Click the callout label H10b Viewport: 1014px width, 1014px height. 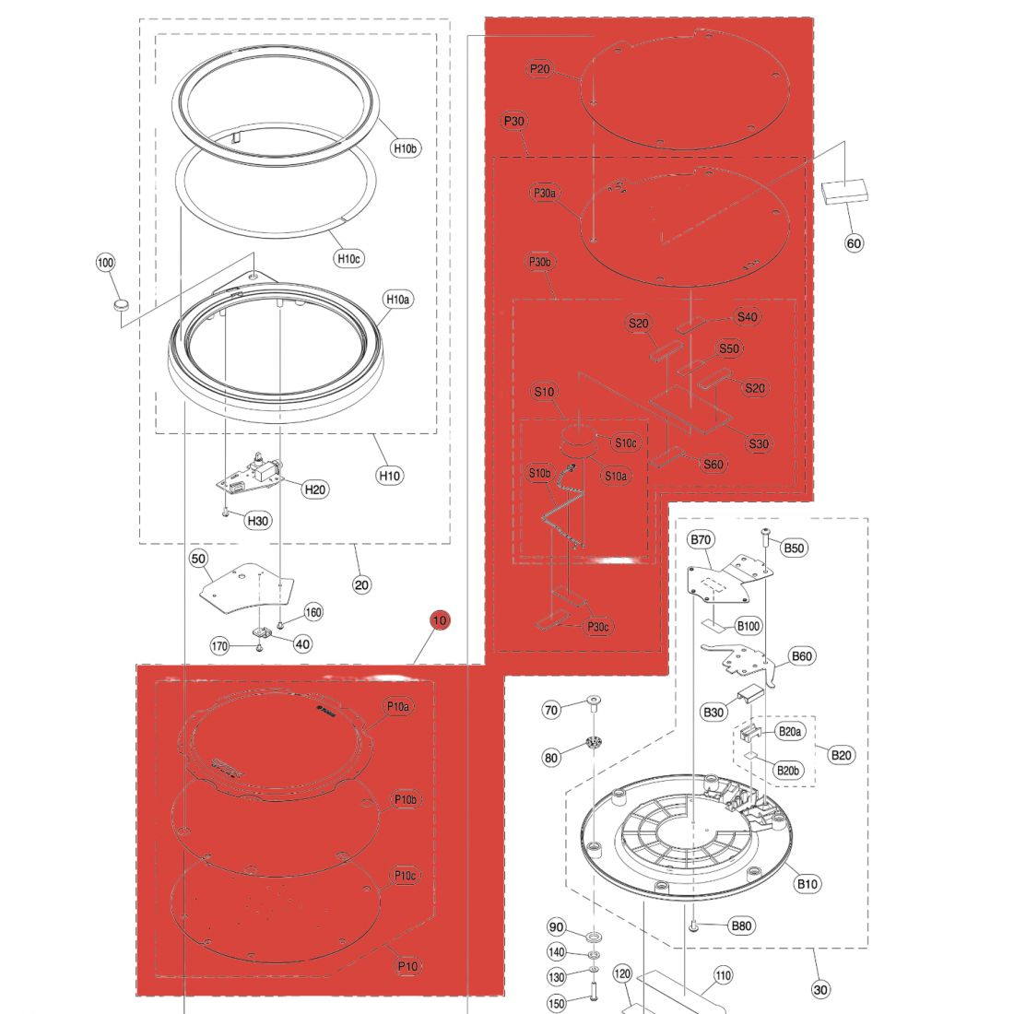coord(406,148)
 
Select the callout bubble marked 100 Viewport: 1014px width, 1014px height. coord(105,263)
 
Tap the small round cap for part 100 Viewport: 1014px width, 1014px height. coord(121,303)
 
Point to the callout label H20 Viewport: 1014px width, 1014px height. coord(315,489)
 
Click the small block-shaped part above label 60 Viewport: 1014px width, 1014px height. coord(843,191)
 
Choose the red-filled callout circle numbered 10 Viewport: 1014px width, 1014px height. coord(440,620)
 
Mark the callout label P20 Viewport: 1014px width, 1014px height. coord(540,69)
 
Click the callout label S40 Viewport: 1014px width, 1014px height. coord(747,317)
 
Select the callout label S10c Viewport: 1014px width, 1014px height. coord(625,443)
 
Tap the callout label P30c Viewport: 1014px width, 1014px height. coord(598,627)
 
